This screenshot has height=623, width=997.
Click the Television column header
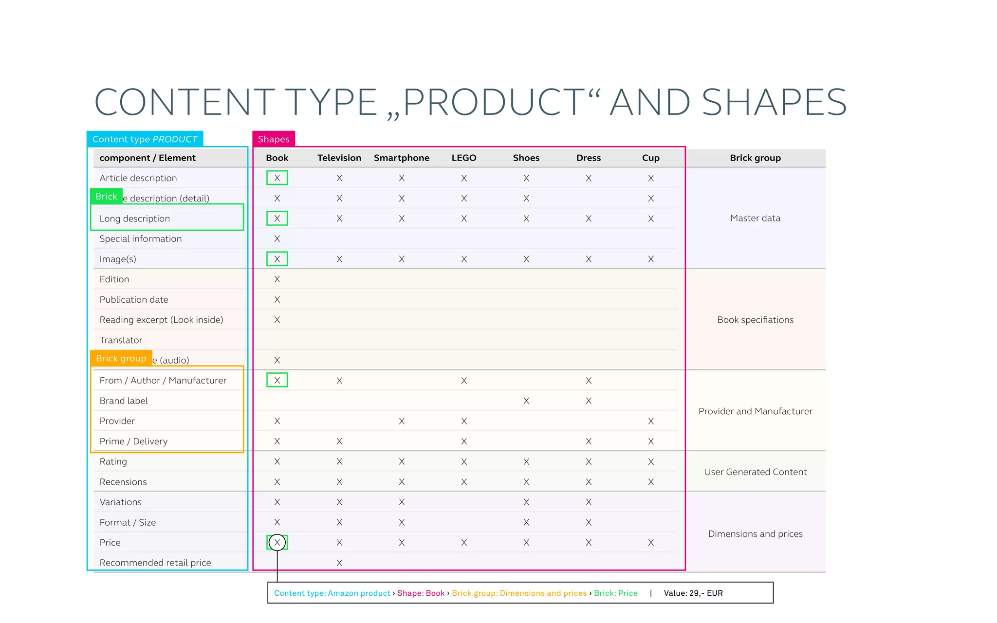(339, 158)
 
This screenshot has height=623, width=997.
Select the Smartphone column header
(402, 158)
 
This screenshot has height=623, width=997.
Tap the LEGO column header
(464, 158)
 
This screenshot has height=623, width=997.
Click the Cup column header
(650, 158)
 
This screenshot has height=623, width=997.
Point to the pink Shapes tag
(274, 139)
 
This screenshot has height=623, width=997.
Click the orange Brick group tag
(121, 358)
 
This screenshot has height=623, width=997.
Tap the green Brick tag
(106, 197)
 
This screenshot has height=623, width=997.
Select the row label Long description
(135, 219)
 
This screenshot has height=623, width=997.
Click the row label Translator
(121, 340)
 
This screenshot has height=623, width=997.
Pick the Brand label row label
(124, 401)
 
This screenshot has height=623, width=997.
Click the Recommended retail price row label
(155, 563)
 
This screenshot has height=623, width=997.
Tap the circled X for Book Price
(277, 542)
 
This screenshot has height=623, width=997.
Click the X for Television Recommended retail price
(339, 563)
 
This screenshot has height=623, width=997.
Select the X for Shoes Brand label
(526, 401)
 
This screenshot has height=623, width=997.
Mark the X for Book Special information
(277, 238)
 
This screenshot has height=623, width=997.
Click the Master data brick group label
(755, 218)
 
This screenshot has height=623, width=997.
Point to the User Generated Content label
(755, 472)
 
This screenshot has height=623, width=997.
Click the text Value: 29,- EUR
(693, 593)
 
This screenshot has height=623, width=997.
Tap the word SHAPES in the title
(774, 102)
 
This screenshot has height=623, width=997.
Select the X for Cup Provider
(651, 421)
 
